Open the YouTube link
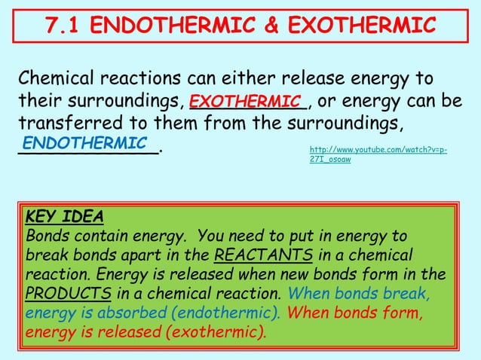tap(377, 155)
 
